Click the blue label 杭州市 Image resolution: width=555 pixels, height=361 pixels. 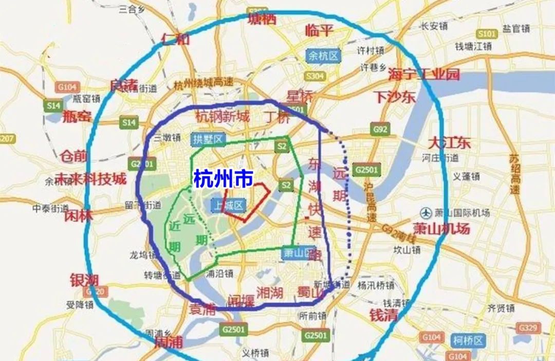[x=223, y=179]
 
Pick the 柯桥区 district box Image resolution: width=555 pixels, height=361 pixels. [x=468, y=340]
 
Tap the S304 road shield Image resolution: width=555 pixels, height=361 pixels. [x=314, y=76]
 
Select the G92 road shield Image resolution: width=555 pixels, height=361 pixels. [x=380, y=130]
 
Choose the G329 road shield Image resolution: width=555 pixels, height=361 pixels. [x=528, y=327]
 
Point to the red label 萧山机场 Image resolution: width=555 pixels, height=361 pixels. [x=441, y=229]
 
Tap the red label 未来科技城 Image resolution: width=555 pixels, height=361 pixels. [x=90, y=178]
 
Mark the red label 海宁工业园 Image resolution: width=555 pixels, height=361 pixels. [x=423, y=74]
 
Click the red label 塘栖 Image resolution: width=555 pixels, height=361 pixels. [x=262, y=19]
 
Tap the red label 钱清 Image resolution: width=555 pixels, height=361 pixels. [x=383, y=315]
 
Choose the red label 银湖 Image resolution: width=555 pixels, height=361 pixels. [x=84, y=280]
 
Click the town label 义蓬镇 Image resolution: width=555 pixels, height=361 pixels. [x=466, y=176]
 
